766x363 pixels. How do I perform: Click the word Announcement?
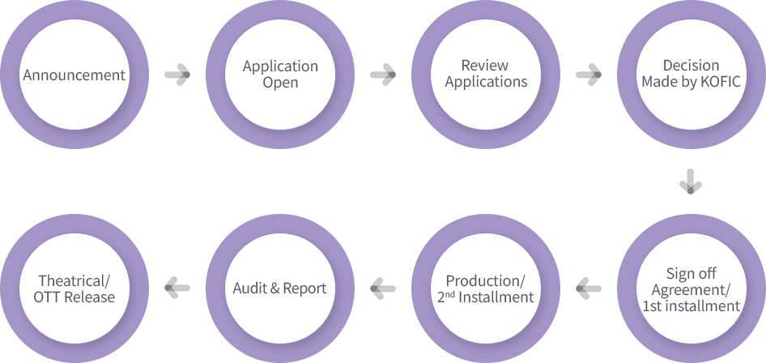pyautogui.click(x=74, y=75)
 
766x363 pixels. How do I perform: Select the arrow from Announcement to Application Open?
pyautogui.click(x=177, y=75)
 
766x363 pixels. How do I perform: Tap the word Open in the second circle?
pyautogui.click(x=280, y=83)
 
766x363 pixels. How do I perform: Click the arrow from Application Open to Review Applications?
pyautogui.click(x=383, y=75)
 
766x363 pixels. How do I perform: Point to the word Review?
pyautogui.click(x=484, y=66)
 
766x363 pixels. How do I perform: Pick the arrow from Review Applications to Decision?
pyautogui.click(x=589, y=75)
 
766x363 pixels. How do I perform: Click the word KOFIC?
pyautogui.click(x=722, y=82)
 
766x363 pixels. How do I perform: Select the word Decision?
pyautogui.click(x=691, y=66)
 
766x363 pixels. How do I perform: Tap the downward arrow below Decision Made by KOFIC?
pyautogui.click(x=691, y=181)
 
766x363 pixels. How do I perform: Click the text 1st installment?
pyautogui.click(x=691, y=306)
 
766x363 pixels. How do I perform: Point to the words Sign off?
pyautogui.click(x=691, y=273)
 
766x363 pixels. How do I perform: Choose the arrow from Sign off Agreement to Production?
pyautogui.click(x=588, y=285)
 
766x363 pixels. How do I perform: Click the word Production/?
pyautogui.click(x=486, y=280)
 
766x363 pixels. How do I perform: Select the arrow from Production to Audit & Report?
pyautogui.click(x=382, y=285)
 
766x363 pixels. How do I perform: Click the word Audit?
pyautogui.click(x=249, y=288)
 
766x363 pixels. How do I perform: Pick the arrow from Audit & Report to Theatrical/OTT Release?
pyautogui.click(x=177, y=285)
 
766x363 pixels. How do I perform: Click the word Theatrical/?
pyautogui.click(x=74, y=280)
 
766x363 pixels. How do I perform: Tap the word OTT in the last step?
pyautogui.click(x=49, y=297)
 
